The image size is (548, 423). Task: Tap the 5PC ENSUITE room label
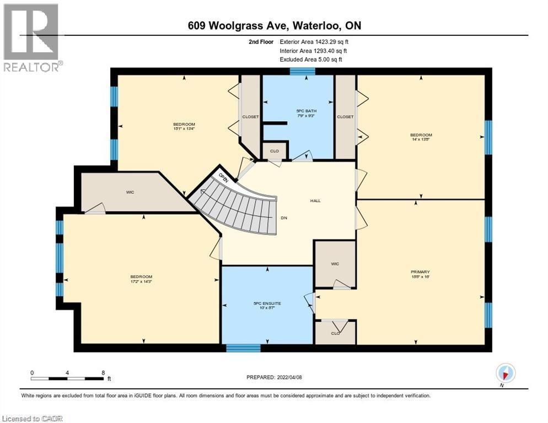tap(267, 305)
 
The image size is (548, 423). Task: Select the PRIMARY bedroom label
tap(420, 274)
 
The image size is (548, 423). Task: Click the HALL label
tap(315, 200)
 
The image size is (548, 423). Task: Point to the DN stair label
tap(284, 218)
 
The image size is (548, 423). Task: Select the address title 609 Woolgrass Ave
tap(273, 26)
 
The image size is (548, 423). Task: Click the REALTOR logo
tap(31, 37)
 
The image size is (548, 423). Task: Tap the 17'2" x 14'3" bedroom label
tap(141, 279)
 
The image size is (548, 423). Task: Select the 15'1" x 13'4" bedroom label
tap(184, 127)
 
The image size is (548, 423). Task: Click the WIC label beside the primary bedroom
tap(335, 264)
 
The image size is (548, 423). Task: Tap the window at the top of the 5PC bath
tap(302, 70)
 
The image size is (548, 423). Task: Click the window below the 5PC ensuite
tap(243, 348)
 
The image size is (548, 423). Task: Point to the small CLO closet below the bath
tap(273, 150)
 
